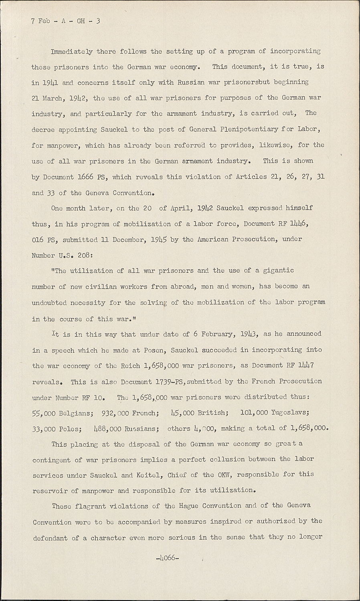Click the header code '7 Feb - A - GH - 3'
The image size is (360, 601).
click(x=65, y=21)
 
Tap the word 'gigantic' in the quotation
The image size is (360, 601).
click(x=279, y=270)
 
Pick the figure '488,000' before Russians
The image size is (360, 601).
click(x=107, y=429)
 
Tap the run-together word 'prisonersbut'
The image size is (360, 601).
click(x=245, y=82)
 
